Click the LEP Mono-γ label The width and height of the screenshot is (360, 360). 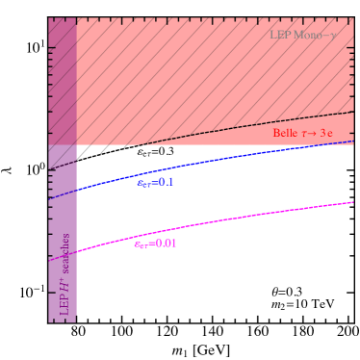coord(302,36)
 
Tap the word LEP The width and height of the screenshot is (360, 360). coord(280,36)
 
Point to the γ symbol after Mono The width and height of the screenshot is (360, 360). coord(333,37)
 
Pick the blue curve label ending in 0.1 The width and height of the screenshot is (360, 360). coord(155,183)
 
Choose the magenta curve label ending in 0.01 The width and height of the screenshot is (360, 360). coord(155,244)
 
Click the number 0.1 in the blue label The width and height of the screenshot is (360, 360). coord(165,183)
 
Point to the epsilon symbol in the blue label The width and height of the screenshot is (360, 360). coord(141,183)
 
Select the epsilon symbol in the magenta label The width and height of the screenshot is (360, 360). coord(138,244)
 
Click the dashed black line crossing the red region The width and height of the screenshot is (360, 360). coord(241,128)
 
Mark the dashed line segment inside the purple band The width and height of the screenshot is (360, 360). coord(63,167)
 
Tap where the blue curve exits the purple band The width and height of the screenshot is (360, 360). coord(76,191)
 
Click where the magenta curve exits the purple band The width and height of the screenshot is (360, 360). coord(76,252)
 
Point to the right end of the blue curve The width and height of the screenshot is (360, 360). coord(352,141)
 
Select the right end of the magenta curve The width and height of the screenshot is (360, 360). coord(352,202)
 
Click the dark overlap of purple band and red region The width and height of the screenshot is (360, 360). coord(63,77)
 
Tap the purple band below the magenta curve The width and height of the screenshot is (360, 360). coord(63,289)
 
